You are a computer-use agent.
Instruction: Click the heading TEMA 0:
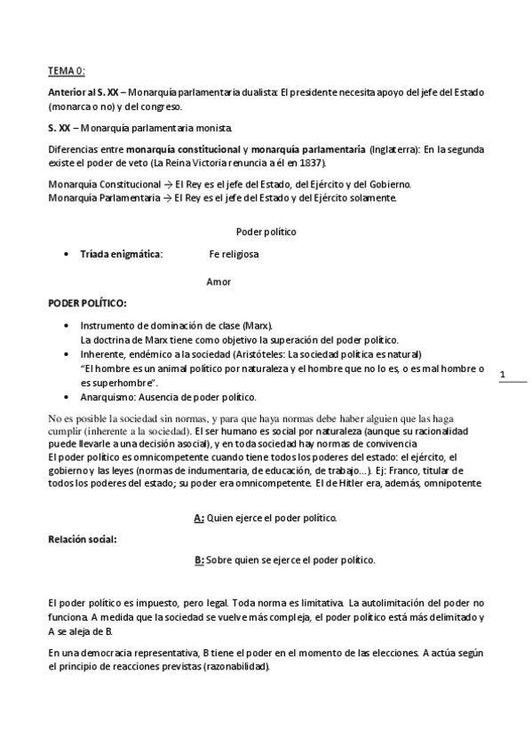point(67,70)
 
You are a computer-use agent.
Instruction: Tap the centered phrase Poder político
point(266,232)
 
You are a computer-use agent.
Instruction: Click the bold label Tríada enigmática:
point(122,255)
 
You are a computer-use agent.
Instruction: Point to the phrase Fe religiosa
point(234,255)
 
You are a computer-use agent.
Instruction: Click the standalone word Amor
point(218,281)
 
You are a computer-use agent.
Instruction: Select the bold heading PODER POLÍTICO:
point(87,304)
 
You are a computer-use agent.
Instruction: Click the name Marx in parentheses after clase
point(257,326)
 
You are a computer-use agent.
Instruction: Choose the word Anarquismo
point(107,396)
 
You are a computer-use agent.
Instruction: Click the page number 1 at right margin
point(503,376)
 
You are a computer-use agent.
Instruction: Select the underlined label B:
point(199,560)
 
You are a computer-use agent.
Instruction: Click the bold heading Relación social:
point(82,539)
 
